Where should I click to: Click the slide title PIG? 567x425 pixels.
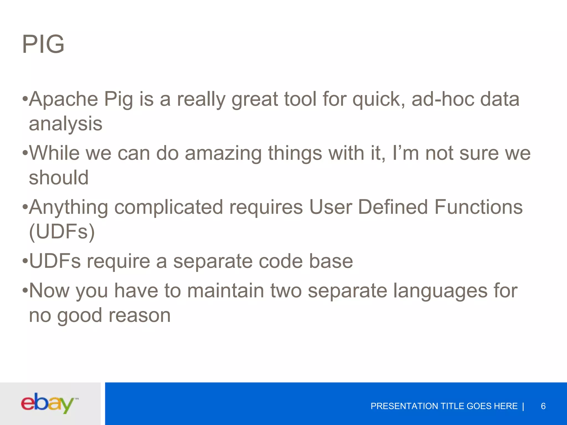(x=43, y=44)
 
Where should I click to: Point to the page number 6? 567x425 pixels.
(x=543, y=406)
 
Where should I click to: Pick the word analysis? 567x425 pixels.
(x=66, y=124)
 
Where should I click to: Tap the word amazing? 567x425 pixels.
(x=223, y=154)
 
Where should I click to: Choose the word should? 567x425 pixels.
(x=59, y=178)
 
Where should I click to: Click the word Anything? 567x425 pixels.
(x=68, y=208)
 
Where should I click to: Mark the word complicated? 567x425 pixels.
(x=169, y=208)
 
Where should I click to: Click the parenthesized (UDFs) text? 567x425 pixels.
(x=62, y=232)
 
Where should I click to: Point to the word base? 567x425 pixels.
(x=331, y=261)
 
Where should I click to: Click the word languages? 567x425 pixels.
(x=440, y=291)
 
